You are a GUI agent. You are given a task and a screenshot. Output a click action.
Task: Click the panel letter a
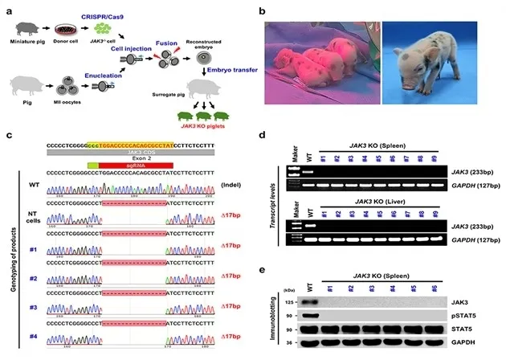[x=9, y=10]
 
